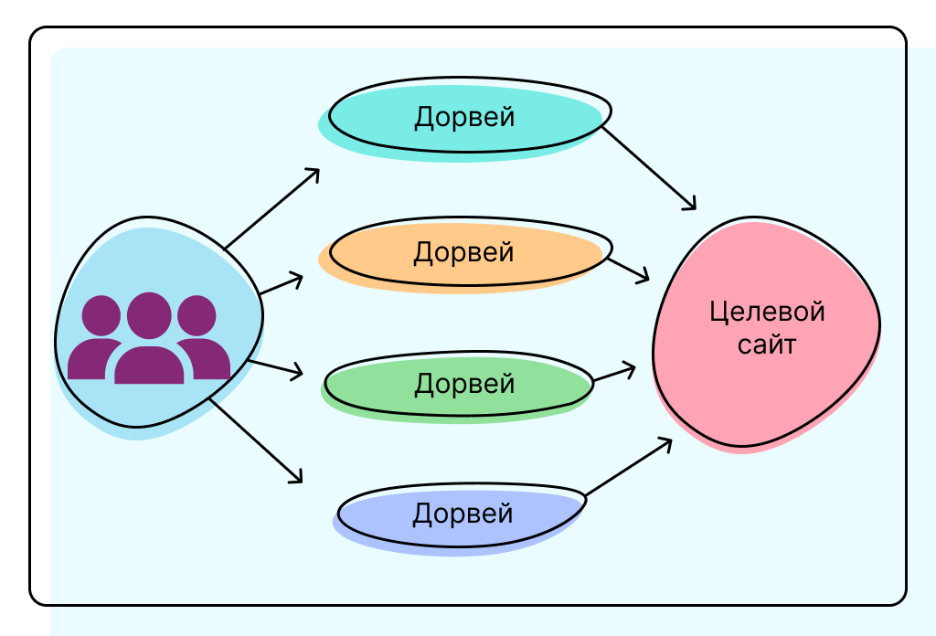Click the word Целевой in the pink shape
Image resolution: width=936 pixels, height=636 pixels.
pyautogui.click(x=767, y=312)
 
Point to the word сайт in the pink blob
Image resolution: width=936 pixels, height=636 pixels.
pyautogui.click(x=767, y=345)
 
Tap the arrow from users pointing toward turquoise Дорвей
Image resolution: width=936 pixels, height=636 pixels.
pyautogui.click(x=272, y=208)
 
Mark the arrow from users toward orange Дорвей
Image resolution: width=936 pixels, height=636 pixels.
pyautogui.click(x=281, y=284)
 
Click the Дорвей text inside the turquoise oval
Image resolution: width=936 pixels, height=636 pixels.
pyautogui.click(x=464, y=117)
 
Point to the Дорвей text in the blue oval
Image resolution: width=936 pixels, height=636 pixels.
pyautogui.click(x=463, y=514)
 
